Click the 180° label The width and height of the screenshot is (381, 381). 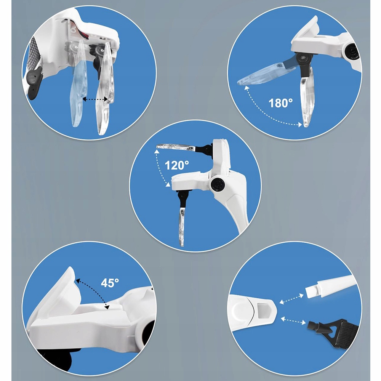(x=281, y=103)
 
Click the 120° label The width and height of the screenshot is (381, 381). (x=177, y=165)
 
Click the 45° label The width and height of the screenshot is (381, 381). (x=110, y=283)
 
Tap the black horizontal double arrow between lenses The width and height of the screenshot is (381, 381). (x=95, y=99)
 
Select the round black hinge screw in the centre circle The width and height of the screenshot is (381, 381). (x=218, y=184)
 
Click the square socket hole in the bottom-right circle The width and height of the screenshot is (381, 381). (x=262, y=310)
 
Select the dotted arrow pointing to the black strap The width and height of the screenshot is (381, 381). (x=293, y=321)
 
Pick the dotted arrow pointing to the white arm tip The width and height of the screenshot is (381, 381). (x=291, y=299)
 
